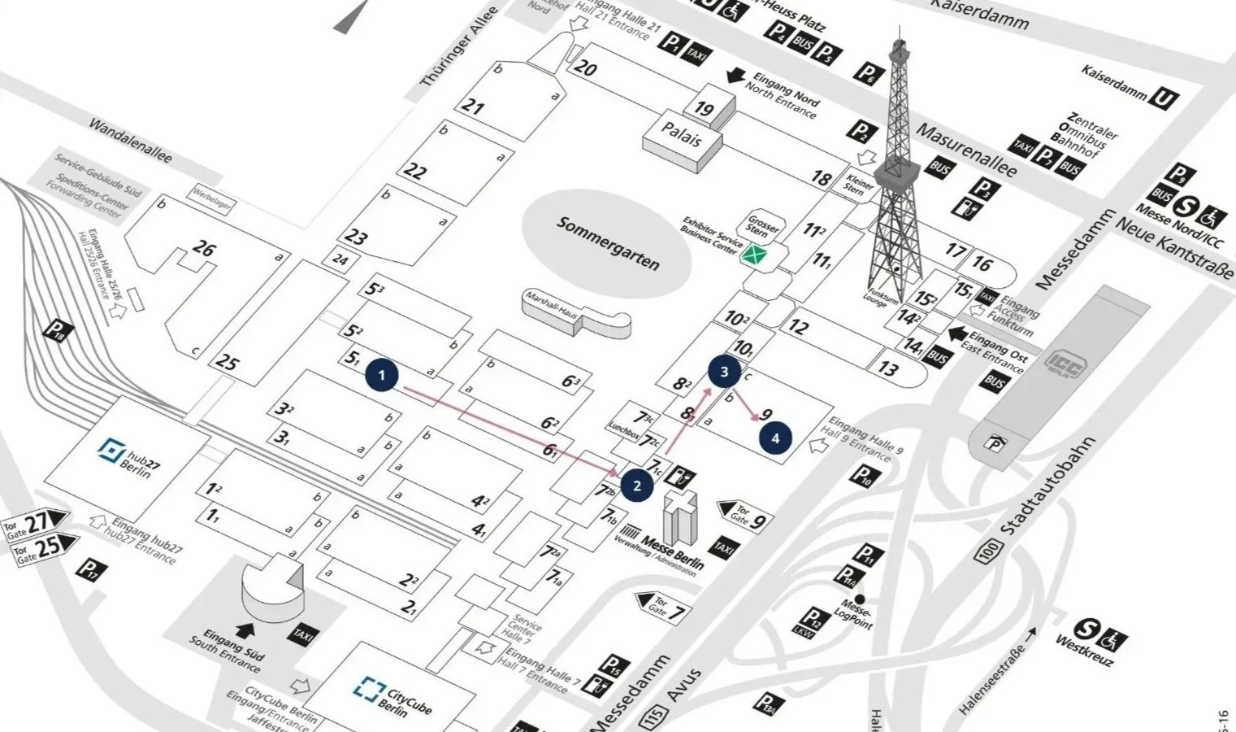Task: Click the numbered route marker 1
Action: click(x=382, y=376)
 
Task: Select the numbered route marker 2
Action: click(x=637, y=486)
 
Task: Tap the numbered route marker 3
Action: click(x=724, y=373)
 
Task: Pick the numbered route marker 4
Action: click(x=775, y=438)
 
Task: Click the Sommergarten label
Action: click(x=607, y=243)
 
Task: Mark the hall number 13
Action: click(x=887, y=368)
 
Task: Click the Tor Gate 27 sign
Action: click(x=36, y=523)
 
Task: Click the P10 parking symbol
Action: click(x=864, y=476)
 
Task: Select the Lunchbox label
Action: click(x=623, y=428)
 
